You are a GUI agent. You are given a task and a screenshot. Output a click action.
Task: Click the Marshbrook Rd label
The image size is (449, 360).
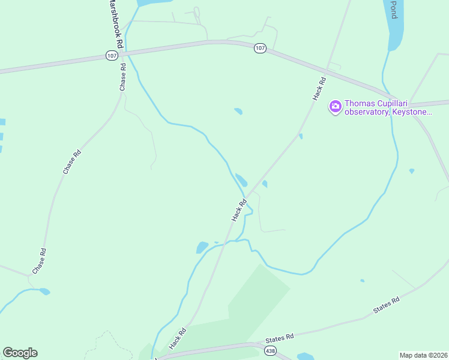[x=116, y=24]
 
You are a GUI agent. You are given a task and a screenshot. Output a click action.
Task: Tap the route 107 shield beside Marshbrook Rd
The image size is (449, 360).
[x=112, y=55]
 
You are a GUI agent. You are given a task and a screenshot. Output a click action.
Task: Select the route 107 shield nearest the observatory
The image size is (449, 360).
[x=260, y=48]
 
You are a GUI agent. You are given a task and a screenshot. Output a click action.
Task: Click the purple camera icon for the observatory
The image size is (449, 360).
[x=335, y=107]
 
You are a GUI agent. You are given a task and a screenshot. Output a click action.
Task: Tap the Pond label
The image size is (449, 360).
[x=394, y=9]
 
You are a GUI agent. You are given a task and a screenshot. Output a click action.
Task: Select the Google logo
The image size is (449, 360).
[x=20, y=353]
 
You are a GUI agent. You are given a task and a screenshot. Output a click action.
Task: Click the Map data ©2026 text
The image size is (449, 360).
[x=424, y=355]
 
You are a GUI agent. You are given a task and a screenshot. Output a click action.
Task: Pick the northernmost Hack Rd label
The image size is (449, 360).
[x=319, y=88]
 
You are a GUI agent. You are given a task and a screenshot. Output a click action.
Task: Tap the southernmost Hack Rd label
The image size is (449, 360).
[x=178, y=338]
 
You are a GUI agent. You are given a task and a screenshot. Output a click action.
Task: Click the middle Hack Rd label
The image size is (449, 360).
[x=240, y=210]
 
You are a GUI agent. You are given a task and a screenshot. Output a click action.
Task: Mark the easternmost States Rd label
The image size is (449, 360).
[x=386, y=305]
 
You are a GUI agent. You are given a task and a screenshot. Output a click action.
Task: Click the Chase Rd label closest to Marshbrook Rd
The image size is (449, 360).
[x=123, y=77]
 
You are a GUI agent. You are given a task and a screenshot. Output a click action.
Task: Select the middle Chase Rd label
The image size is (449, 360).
[x=71, y=162]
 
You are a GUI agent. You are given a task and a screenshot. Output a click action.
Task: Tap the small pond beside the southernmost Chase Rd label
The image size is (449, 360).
[x=44, y=292]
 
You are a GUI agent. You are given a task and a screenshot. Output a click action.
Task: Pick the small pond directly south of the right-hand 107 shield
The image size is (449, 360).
[x=238, y=111]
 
